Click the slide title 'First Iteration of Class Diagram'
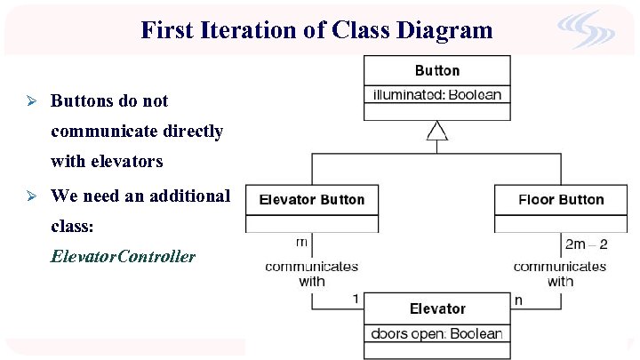pyautogui.click(x=316, y=30)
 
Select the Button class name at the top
pyautogui.click(x=437, y=70)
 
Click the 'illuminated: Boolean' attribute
pyautogui.click(x=437, y=94)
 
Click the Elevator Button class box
pyautogui.click(x=311, y=200)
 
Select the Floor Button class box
pyautogui.click(x=561, y=200)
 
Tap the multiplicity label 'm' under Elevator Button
pyautogui.click(x=301, y=242)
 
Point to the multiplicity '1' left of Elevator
pyautogui.click(x=356, y=300)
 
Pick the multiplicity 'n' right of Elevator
pyautogui.click(x=519, y=300)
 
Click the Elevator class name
pyautogui.click(x=437, y=308)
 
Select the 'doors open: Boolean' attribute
pyautogui.click(x=437, y=333)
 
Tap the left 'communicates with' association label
pyautogui.click(x=311, y=273)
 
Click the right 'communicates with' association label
pyautogui.click(x=560, y=273)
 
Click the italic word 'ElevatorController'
pyautogui.click(x=123, y=256)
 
